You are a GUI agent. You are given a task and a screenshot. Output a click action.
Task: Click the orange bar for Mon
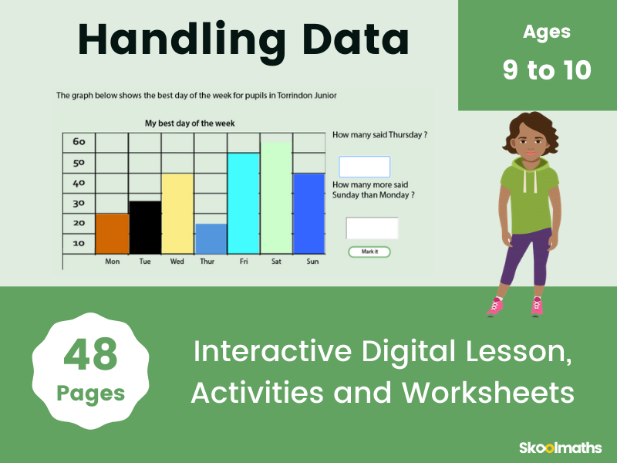(x=112, y=234)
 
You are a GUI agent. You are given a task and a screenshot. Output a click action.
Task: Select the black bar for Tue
(x=145, y=228)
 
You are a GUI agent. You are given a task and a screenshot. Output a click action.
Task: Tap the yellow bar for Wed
(x=177, y=214)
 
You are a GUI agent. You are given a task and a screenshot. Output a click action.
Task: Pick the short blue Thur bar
(x=211, y=238)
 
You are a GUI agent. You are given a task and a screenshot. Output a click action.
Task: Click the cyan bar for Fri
(x=243, y=204)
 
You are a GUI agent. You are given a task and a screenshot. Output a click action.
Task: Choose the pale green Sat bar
(x=276, y=198)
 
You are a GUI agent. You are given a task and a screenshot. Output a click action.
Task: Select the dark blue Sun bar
(x=308, y=214)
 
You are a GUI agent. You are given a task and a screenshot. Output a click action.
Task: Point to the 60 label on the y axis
(x=79, y=142)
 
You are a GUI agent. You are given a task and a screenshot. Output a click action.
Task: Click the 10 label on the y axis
(x=79, y=243)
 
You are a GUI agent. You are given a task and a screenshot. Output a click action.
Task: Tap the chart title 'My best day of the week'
(x=190, y=123)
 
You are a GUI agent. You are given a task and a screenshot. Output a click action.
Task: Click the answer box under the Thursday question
(x=364, y=167)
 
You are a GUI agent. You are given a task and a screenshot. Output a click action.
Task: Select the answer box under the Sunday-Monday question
(x=372, y=228)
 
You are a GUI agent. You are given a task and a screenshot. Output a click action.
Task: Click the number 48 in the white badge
(x=90, y=355)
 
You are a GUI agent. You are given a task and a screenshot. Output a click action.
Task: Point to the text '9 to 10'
(x=547, y=70)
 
